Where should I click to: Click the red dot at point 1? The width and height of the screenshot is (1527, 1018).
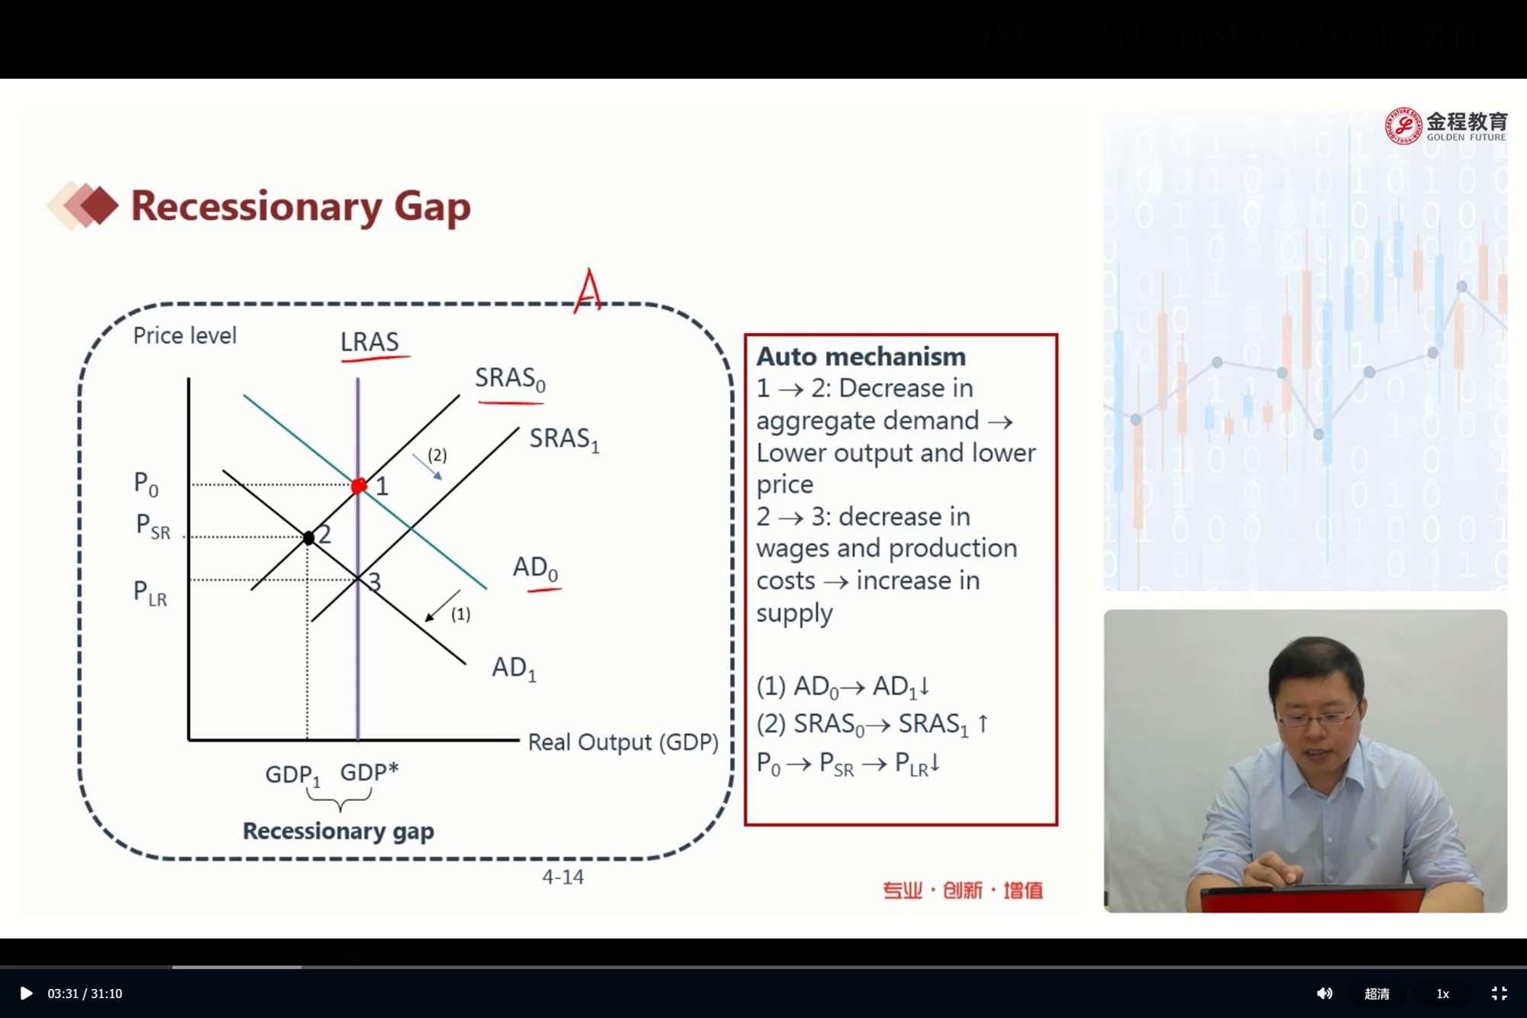coord(359,485)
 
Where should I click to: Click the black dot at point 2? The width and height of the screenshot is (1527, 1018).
coord(308,538)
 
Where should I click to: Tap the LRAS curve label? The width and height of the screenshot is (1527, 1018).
coord(370,341)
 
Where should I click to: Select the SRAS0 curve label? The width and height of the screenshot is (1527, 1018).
coord(510,379)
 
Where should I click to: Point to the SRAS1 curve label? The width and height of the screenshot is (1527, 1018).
coord(564,439)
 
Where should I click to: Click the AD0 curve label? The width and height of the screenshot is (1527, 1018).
coord(535,568)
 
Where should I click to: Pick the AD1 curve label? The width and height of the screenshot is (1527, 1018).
coord(514,668)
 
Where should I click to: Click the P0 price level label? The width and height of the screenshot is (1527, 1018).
coord(146,484)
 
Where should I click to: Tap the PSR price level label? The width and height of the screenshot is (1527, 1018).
coord(153,526)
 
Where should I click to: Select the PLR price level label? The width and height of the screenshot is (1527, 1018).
coord(150,593)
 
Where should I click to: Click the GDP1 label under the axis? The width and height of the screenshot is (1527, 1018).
coord(292,775)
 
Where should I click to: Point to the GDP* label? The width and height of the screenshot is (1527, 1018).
coord(370,772)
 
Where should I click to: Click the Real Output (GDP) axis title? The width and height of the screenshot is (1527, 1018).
coord(623,742)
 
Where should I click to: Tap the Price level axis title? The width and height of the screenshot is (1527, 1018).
coord(185,335)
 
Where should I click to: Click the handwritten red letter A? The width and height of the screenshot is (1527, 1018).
coord(588,290)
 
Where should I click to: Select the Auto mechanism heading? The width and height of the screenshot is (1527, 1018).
coord(861,357)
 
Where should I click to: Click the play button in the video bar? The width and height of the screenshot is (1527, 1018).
coord(25,994)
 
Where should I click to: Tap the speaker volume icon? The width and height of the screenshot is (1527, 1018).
coord(1324,994)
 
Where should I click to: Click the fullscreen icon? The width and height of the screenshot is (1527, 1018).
coord(1500,994)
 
